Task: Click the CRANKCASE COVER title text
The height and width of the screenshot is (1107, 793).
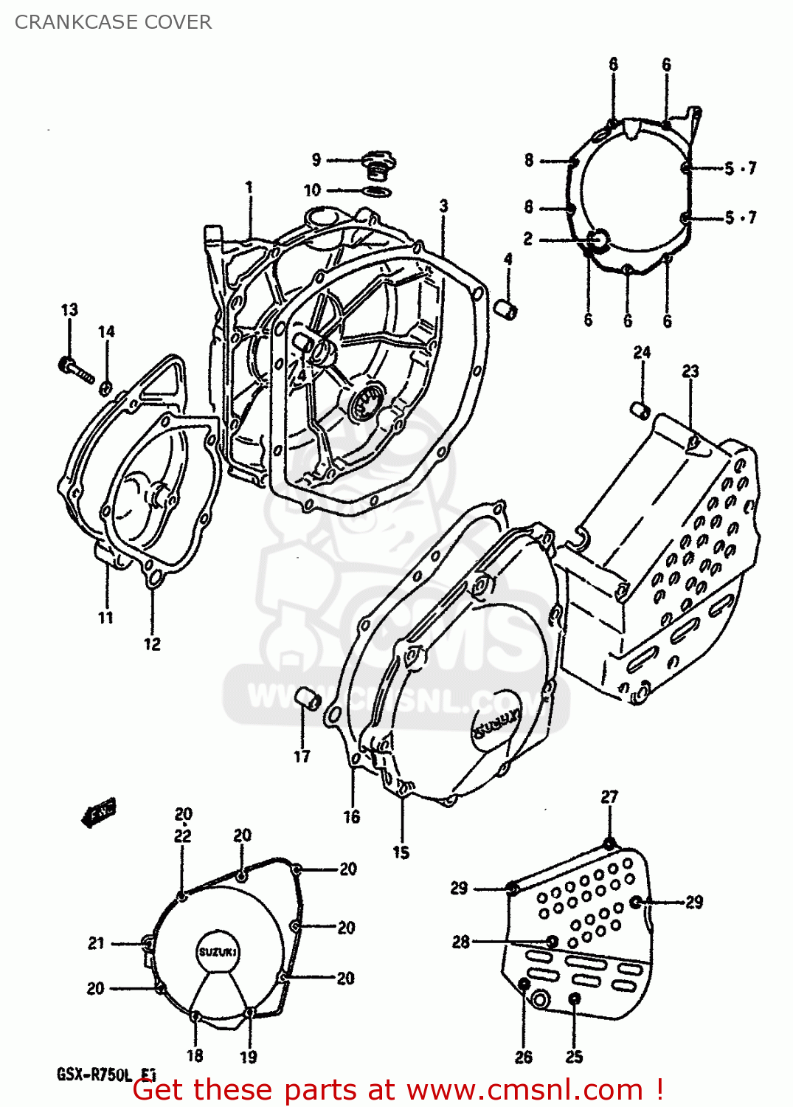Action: (113, 22)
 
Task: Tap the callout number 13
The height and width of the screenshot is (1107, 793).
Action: (69, 310)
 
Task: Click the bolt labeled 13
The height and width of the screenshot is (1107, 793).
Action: (75, 369)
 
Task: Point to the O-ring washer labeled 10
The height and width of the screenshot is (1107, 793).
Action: (377, 192)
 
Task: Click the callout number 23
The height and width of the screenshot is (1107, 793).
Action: (690, 371)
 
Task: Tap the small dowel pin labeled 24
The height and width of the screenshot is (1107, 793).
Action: (641, 409)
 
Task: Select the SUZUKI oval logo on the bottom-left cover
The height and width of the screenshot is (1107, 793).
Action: (217, 952)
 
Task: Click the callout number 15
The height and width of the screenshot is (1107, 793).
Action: (401, 852)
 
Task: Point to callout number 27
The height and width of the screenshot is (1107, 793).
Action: (609, 797)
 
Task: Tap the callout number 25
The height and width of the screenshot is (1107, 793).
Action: (575, 1057)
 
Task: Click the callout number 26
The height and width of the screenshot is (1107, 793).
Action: (524, 1057)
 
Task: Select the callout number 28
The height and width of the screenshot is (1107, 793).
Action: (460, 942)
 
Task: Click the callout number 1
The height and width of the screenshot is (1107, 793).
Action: (249, 187)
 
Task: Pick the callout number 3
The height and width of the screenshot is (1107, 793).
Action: (443, 206)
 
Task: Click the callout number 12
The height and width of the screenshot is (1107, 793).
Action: (152, 644)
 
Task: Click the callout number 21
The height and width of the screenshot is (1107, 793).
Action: (96, 943)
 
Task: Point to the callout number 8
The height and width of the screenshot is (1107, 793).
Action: (529, 160)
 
